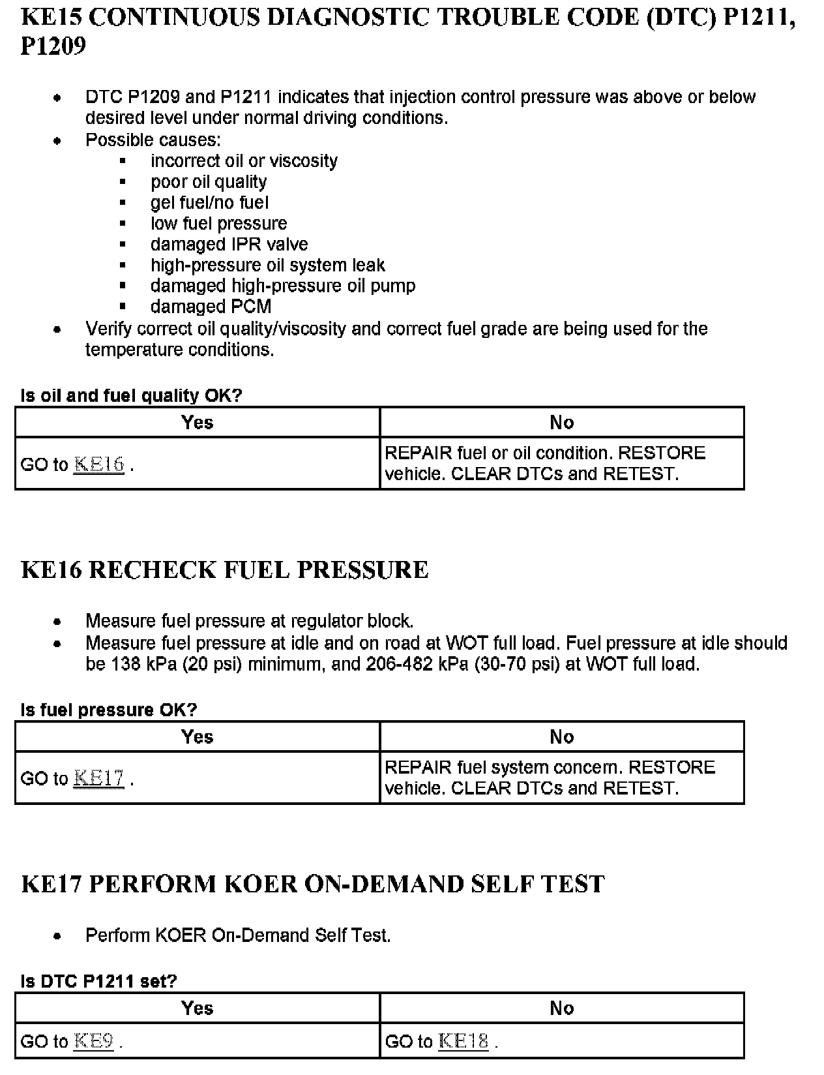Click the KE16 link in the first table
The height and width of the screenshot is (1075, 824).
click(x=99, y=464)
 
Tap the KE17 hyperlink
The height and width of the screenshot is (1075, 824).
click(x=99, y=779)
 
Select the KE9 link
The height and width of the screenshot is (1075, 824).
click(x=94, y=1041)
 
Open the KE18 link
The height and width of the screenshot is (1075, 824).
click(x=463, y=1041)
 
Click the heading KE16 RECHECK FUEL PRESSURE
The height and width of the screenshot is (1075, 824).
click(x=225, y=570)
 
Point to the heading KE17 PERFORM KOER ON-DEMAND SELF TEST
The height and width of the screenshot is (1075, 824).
click(x=313, y=885)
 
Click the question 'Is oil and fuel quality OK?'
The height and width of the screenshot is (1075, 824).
click(x=131, y=396)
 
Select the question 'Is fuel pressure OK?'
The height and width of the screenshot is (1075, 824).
click(x=109, y=710)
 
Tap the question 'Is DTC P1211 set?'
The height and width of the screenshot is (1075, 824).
click(x=99, y=981)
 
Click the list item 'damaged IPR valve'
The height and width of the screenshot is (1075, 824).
click(x=229, y=245)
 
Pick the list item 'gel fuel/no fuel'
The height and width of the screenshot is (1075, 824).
click(x=209, y=203)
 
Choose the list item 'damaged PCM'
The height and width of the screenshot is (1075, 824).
click(x=211, y=307)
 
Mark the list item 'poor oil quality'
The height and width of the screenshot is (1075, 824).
click(x=209, y=182)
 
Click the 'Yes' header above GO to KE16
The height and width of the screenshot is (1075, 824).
click(x=198, y=423)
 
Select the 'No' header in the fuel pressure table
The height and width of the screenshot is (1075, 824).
click(x=561, y=737)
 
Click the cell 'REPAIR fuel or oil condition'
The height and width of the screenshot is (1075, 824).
click(x=545, y=464)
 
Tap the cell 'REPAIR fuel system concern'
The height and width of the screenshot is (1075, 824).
click(x=550, y=778)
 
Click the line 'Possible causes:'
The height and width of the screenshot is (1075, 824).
click(x=153, y=140)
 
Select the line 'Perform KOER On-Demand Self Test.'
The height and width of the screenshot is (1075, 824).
click(x=238, y=935)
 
